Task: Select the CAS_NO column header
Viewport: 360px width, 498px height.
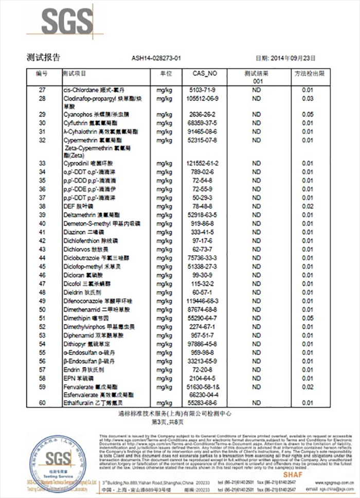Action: (205, 74)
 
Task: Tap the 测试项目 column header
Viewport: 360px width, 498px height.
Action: (75, 74)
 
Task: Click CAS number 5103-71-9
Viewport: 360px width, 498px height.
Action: (205, 90)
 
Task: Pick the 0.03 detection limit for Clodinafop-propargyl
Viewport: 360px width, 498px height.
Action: (308, 98)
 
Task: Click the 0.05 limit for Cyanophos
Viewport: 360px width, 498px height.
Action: (308, 114)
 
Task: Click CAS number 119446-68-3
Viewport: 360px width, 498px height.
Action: (205, 300)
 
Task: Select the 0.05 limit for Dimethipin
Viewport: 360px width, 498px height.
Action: (308, 318)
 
